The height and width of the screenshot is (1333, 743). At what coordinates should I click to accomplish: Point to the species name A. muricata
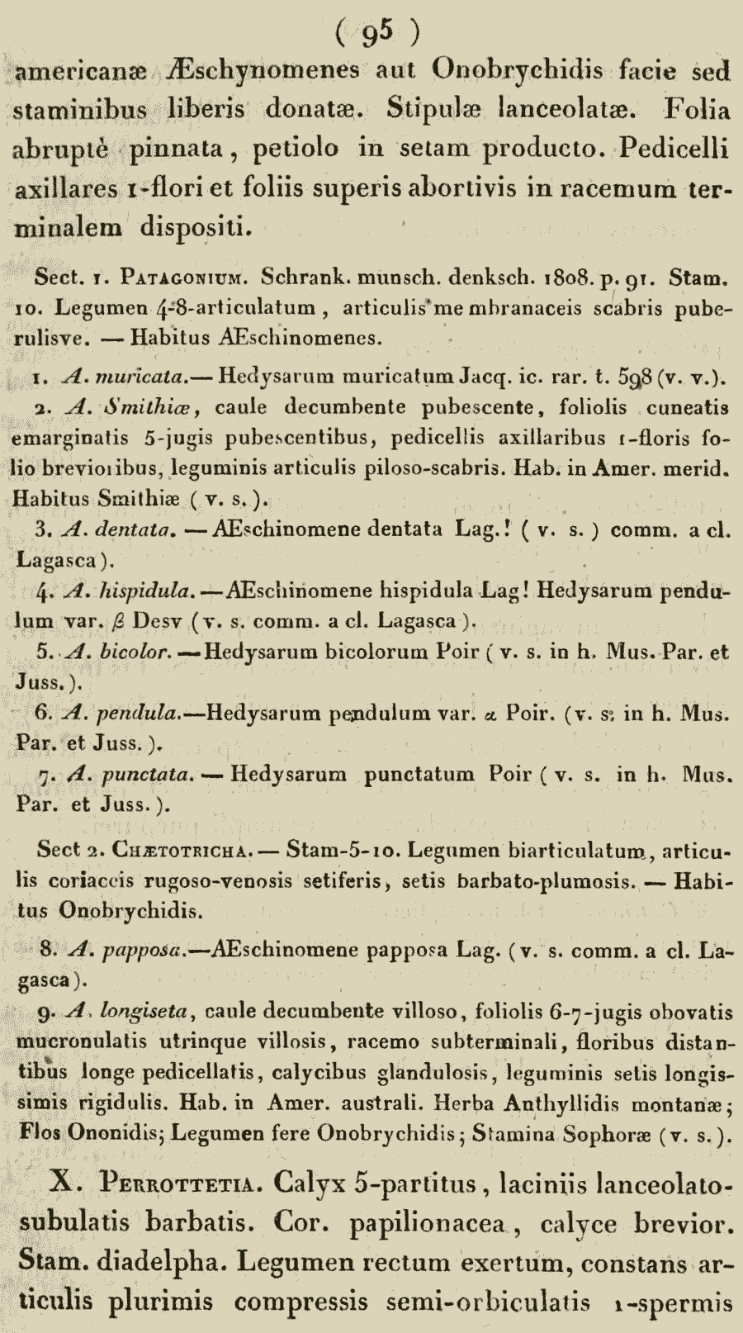(126, 377)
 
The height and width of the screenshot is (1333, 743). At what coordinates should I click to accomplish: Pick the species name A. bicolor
(121, 652)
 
